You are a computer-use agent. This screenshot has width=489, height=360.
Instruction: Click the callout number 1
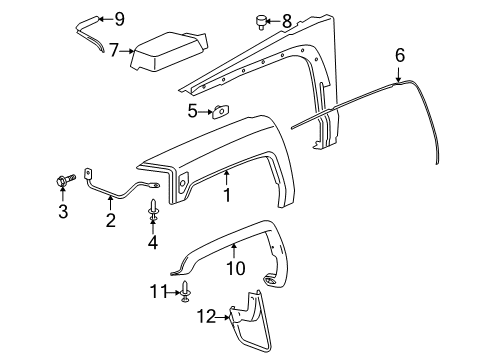click(x=226, y=195)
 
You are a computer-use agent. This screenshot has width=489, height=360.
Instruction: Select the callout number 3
click(x=63, y=211)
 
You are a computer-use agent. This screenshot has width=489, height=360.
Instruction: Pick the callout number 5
click(x=192, y=110)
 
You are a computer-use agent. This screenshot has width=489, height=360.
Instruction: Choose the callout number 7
click(x=115, y=48)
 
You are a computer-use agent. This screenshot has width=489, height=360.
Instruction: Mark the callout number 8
click(x=287, y=19)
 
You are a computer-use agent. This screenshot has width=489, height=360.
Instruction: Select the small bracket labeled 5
click(x=219, y=111)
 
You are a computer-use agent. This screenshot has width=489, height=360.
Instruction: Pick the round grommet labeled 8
click(x=258, y=19)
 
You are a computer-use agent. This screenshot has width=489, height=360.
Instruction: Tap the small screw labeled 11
click(x=186, y=292)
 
